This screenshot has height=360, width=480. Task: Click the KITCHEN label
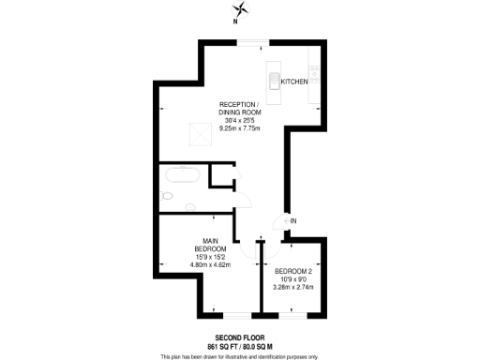pos(294,82)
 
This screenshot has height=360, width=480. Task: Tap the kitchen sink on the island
pos(274,79)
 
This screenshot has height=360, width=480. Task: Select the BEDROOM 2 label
pos(294,271)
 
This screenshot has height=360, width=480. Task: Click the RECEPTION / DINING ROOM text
pos(240,108)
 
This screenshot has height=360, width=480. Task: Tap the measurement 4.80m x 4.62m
pos(211,265)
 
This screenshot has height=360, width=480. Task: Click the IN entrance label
pos(293,220)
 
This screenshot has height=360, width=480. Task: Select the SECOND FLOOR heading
pos(239,337)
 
